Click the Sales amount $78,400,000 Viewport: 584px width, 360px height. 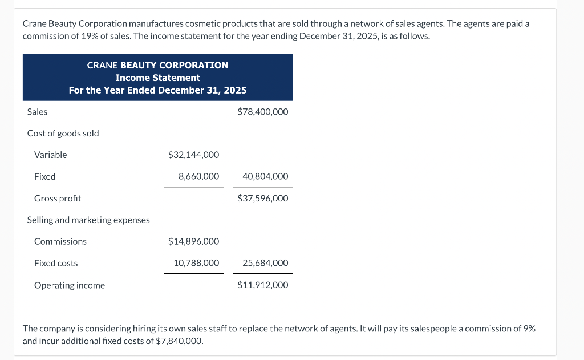262,112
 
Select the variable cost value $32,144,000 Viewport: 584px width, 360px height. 193,155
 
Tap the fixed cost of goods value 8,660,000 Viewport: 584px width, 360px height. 198,177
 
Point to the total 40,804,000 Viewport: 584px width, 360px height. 265,177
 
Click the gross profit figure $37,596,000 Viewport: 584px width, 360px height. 262,199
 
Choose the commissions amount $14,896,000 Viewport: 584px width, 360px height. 193,242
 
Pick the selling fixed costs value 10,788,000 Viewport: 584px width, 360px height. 196,264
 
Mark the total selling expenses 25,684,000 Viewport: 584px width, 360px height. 265,264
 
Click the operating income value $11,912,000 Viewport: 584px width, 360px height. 262,285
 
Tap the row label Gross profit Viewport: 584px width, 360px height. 58,199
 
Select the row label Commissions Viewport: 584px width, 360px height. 60,242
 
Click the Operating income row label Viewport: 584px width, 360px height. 70,285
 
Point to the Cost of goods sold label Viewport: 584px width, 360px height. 63,134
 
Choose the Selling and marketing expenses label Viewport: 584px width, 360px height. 88,220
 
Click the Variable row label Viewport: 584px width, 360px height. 51,155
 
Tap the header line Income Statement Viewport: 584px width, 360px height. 157,78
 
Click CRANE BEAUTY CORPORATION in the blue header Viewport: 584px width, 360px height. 157,65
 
